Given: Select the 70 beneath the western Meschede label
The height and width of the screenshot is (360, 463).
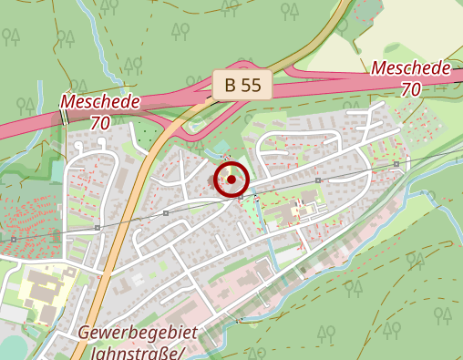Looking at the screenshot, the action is coord(101,120).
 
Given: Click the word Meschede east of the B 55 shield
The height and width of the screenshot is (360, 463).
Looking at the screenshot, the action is coord(411,69).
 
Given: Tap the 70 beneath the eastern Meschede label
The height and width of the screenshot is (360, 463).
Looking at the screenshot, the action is coord(411,89).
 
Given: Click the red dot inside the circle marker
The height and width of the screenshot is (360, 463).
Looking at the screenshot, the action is coord(231,180).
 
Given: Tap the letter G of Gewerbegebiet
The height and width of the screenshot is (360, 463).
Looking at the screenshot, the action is coord(84,332).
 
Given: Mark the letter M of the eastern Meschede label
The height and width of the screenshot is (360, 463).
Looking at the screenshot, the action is coord(379,69).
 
